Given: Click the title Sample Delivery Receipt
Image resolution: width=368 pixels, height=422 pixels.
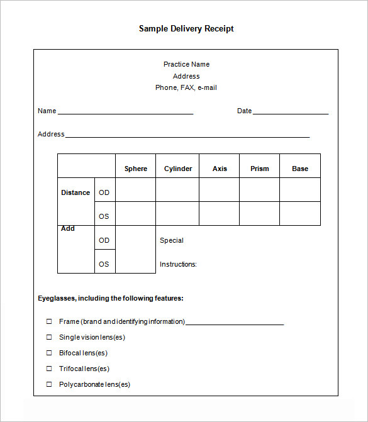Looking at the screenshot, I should point(186,29).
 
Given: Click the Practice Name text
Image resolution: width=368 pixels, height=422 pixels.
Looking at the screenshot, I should point(186,64).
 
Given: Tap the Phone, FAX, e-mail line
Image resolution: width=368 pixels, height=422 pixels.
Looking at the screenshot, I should point(186,87).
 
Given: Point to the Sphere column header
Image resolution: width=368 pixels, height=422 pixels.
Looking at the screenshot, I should point(135,169).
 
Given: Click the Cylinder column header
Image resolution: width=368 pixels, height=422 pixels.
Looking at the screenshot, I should point(178,169).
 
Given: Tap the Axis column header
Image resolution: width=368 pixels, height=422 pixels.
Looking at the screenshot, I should point(220,169).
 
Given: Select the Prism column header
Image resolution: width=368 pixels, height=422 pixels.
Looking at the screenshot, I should point(259,169).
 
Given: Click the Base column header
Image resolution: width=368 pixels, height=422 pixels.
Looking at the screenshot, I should point(300,169).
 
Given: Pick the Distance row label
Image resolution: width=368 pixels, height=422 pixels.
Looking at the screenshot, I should point(75,192).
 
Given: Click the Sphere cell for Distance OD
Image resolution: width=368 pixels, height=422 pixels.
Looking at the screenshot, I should point(135,190).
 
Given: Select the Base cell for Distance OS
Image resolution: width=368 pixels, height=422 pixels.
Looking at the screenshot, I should point(300,214).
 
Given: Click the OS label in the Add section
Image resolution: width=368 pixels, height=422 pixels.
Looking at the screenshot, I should point(104,264).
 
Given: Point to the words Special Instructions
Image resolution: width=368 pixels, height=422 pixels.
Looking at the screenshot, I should point(177,252).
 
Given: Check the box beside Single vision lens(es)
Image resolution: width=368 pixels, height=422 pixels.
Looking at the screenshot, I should point(49,337).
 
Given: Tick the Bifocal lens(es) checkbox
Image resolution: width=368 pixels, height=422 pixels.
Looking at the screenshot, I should point(49,353).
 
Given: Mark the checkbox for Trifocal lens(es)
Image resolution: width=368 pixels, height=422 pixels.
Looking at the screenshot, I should point(49,369).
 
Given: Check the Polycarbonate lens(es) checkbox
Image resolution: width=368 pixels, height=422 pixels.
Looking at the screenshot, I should point(49,384).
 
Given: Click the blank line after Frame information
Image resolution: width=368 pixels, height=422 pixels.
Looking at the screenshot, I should point(235,323).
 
